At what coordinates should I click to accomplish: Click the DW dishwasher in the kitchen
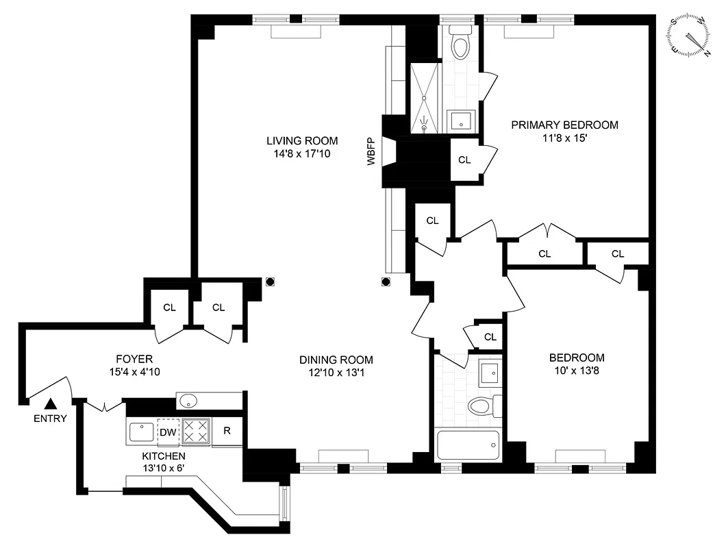pyautogui.click(x=168, y=432)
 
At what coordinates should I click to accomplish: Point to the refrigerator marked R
pyautogui.click(x=227, y=432)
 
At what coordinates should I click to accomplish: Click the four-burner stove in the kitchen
pyautogui.click(x=197, y=432)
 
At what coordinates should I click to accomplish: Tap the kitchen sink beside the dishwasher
pyautogui.click(x=141, y=432)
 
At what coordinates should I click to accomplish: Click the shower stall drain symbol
pyautogui.click(x=425, y=127)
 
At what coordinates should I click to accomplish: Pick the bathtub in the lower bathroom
pyautogui.click(x=468, y=445)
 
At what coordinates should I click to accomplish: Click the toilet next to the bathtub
pyautogui.click(x=484, y=406)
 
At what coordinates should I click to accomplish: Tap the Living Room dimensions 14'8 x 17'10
pyautogui.click(x=299, y=154)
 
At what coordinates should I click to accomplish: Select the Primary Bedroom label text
pyautogui.click(x=564, y=125)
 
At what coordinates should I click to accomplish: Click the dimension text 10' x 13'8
pyautogui.click(x=577, y=371)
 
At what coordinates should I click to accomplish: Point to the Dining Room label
pyautogui.click(x=336, y=360)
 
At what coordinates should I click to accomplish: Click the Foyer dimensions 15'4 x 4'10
pyautogui.click(x=134, y=372)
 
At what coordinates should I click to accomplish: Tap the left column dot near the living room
pyautogui.click(x=270, y=281)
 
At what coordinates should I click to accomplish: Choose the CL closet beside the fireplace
pyautogui.click(x=464, y=160)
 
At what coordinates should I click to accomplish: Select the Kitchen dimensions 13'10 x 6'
pyautogui.click(x=164, y=469)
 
